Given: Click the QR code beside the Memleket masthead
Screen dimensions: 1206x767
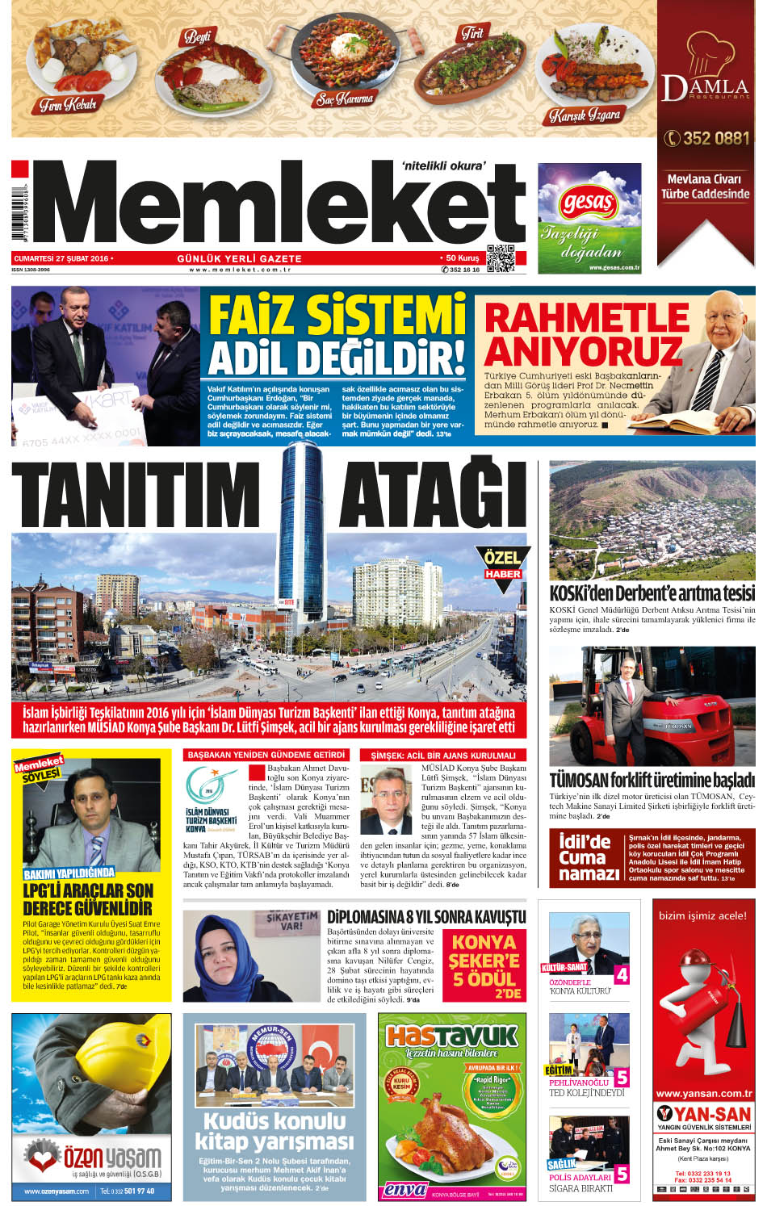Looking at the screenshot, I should click(x=501, y=258).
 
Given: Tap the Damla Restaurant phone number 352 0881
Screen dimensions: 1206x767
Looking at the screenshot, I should click(x=706, y=138).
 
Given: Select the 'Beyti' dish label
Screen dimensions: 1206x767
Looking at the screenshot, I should click(x=197, y=36).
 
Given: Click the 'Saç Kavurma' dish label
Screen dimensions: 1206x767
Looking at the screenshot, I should click(x=345, y=99).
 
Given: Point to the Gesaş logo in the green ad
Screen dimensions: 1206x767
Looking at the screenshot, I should click(x=587, y=202).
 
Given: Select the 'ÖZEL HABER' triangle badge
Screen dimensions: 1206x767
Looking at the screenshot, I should click(x=502, y=565).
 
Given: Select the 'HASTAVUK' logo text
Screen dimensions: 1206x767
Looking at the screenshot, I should click(x=451, y=1036).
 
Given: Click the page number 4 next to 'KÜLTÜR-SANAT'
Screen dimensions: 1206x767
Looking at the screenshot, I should click(x=621, y=974).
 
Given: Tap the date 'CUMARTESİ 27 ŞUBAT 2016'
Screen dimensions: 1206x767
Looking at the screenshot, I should click(x=61, y=258).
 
